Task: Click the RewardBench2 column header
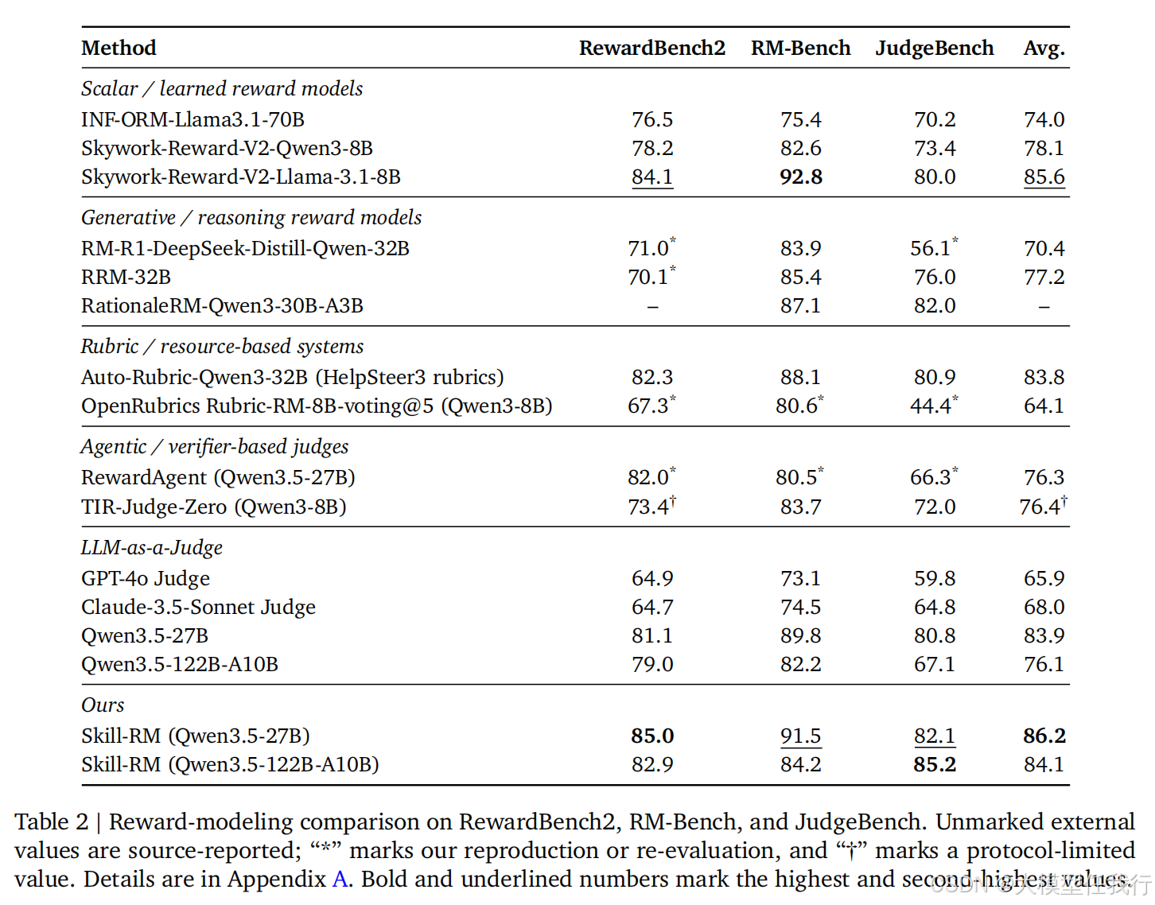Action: pos(651,48)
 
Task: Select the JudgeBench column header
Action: pos(935,48)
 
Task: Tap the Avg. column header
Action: pos(1044,49)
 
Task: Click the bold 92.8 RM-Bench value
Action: pos(800,177)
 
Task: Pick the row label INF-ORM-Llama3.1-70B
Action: pos(192,119)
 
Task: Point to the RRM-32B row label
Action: pos(126,277)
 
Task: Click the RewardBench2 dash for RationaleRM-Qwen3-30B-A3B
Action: pos(653,307)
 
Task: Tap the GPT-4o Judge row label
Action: pos(145,579)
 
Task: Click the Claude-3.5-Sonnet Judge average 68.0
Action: pos(1044,607)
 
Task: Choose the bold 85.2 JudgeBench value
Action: pos(935,765)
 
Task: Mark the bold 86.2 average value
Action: pos(1044,736)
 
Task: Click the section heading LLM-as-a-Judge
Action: pos(151,547)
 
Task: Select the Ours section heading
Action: pos(103,705)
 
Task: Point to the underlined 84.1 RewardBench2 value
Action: pos(652,177)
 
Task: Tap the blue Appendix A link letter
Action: pos(340,880)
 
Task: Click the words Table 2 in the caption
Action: pos(51,822)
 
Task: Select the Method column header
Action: pos(119,48)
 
